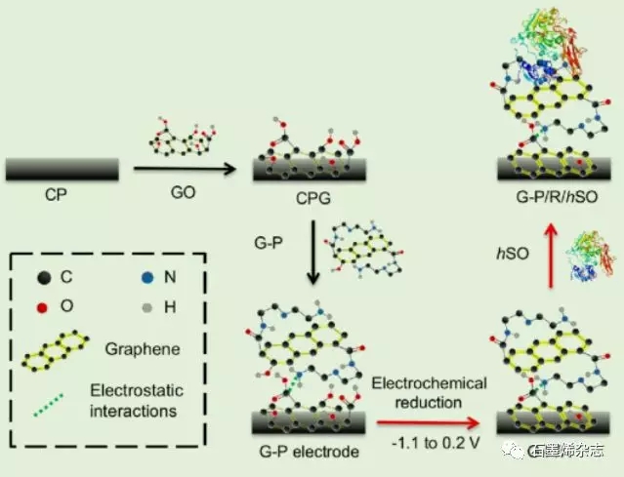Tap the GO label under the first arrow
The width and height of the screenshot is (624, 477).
[182, 192]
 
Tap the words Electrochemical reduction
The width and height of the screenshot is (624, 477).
[424, 390]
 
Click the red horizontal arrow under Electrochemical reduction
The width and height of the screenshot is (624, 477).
[426, 422]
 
